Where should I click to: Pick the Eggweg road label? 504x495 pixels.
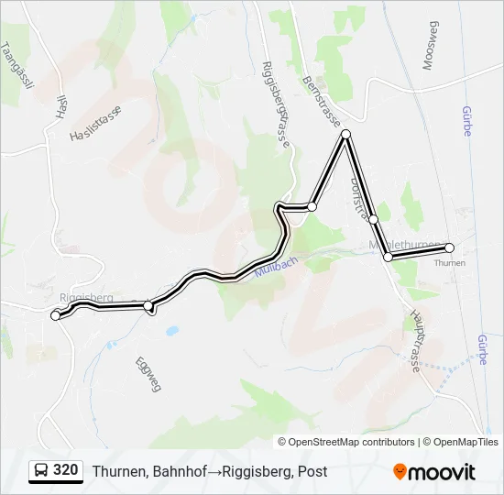(x=148, y=373)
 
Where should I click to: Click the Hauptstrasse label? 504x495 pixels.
(x=415, y=339)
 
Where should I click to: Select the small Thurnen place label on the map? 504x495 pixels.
(x=449, y=263)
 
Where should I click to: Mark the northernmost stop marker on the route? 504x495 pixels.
(x=345, y=135)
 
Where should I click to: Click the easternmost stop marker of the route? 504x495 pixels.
(x=449, y=247)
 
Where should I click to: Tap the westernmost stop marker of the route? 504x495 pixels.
(x=56, y=315)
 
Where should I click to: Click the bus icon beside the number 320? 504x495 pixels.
(x=41, y=470)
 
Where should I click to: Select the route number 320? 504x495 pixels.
(x=65, y=470)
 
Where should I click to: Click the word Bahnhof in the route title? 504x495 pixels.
(x=179, y=471)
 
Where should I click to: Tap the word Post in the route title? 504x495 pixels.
(x=312, y=471)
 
